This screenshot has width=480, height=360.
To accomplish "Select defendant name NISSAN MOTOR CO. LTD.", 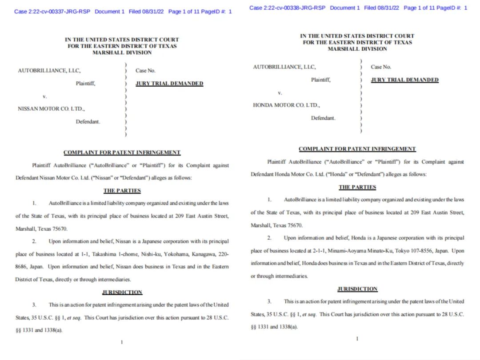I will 51,108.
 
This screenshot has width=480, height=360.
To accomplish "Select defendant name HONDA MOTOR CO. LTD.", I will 286,105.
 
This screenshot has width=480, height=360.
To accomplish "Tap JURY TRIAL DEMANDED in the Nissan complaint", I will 169,84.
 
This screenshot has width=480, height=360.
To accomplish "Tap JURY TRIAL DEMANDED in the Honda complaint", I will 404,80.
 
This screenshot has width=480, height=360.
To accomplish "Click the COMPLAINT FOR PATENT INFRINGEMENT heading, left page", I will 122,152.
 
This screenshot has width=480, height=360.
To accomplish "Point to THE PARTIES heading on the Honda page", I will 357,187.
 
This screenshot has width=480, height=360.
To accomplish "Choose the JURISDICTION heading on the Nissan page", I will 122,292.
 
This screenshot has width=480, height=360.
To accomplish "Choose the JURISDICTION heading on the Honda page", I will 357,289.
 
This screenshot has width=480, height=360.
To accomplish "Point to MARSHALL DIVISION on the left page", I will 122,52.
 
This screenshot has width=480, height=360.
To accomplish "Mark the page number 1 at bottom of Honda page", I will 357,339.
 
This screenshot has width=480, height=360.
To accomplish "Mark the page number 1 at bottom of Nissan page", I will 122,342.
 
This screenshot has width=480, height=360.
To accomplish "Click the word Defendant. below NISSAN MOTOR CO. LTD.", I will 88,121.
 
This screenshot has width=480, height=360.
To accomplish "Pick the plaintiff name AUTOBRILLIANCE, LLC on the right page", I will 284,67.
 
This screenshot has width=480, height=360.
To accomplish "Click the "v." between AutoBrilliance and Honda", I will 280,93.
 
